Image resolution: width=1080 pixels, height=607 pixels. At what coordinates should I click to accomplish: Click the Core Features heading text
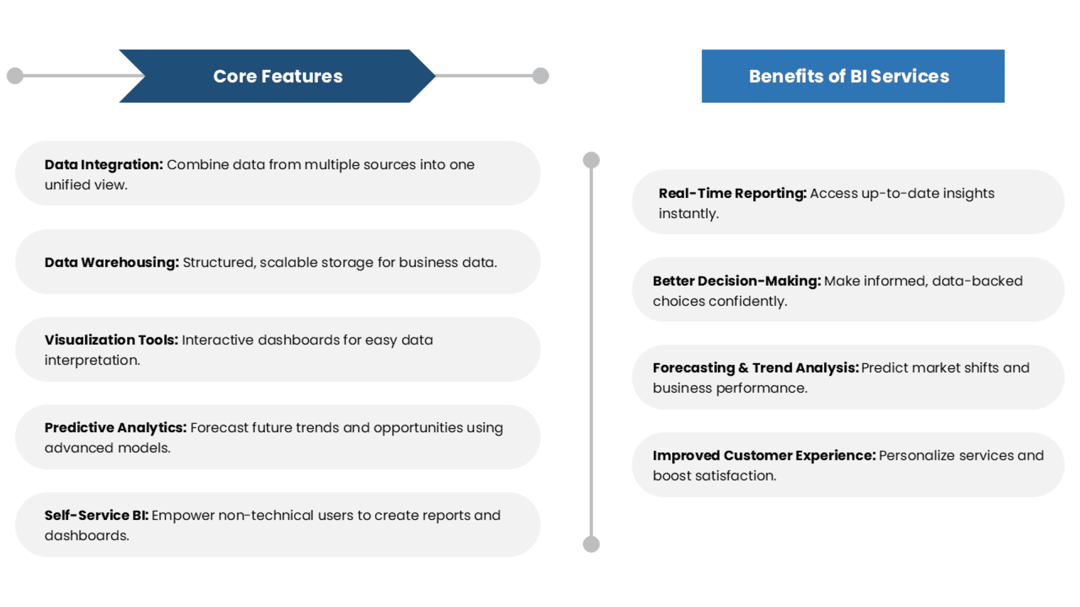coord(278,76)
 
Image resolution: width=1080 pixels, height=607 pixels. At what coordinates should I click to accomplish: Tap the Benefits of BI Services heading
coord(849,76)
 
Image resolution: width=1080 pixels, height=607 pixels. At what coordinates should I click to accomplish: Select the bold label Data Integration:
coord(103,165)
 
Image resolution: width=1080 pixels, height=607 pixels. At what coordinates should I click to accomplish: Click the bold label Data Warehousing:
coord(111,262)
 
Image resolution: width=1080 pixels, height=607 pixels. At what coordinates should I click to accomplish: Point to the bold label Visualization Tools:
coord(111,340)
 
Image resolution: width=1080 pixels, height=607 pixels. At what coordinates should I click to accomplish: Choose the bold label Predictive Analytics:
coord(115,428)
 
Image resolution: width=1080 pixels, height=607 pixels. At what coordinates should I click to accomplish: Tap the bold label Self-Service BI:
coord(96,515)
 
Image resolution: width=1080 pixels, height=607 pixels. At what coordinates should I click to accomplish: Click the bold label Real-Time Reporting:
coord(732,193)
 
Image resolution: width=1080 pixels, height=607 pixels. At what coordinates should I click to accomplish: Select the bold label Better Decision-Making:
coord(736,281)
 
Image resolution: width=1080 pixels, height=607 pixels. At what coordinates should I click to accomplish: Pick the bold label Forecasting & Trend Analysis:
coord(755,368)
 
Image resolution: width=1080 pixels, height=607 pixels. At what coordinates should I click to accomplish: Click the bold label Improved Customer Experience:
coord(764,456)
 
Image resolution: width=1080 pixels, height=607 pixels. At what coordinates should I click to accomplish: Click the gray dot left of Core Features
coord(15,76)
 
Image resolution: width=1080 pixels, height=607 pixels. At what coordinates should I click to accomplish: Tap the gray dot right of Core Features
coord(541,76)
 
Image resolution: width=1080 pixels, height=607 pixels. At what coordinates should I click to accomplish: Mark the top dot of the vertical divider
coord(591,160)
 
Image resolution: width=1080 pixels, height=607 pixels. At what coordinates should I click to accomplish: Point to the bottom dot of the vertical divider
coord(591,544)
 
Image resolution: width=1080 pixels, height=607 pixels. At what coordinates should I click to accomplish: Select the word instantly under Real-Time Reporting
coord(688,214)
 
